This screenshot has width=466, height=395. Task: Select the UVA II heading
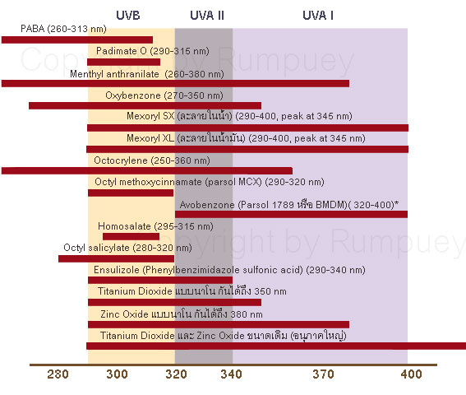(x=203, y=16)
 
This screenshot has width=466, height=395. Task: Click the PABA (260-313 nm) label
(x=53, y=29)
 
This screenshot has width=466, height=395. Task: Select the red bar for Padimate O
(x=123, y=62)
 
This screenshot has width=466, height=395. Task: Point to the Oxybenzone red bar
(x=145, y=105)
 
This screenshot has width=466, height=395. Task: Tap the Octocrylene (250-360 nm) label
(x=152, y=160)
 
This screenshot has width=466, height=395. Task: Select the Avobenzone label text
(x=293, y=203)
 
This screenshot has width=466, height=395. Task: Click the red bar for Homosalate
(x=131, y=236)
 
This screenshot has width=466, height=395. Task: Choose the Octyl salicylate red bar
(x=114, y=258)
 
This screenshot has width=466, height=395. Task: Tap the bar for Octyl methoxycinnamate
(x=130, y=193)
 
